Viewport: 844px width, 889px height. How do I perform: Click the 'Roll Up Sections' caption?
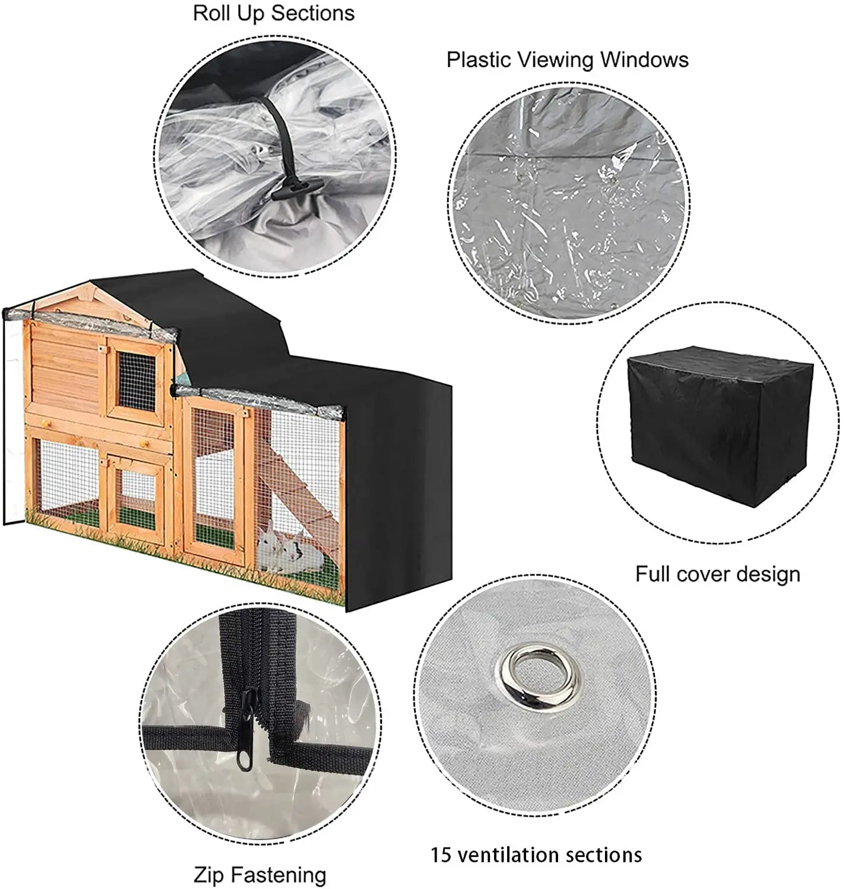click(x=273, y=13)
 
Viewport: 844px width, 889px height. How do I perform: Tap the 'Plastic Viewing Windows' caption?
click(x=567, y=60)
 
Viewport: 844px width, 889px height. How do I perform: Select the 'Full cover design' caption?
click(x=718, y=574)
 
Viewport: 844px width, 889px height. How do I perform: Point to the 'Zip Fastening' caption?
click(x=260, y=874)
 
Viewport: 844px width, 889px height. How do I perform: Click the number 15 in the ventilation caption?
click(x=441, y=855)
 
